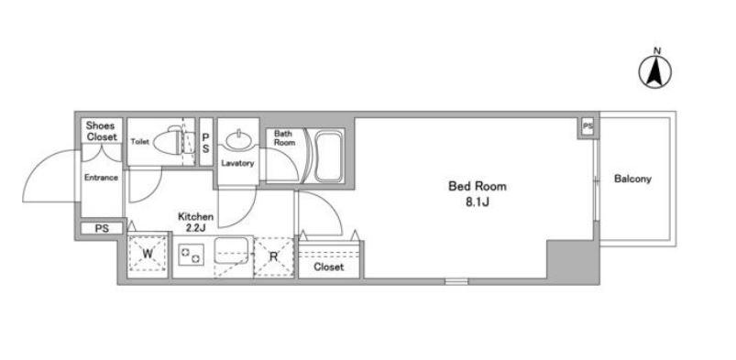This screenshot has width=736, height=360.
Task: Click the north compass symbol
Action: pyautogui.click(x=654, y=72)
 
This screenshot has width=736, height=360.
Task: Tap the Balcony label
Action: pyautogui.click(x=632, y=179)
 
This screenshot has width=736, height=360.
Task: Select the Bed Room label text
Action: pyautogui.click(x=478, y=186)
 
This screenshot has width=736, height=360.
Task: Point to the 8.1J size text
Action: pyautogui.click(x=478, y=202)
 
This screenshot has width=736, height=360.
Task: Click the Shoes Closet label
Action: pyautogui.click(x=102, y=131)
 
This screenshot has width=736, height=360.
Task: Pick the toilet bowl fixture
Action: pyautogui.click(x=174, y=140)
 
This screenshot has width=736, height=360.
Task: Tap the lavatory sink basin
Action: pyautogui.click(x=238, y=139)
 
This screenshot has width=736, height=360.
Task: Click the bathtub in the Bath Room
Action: pyautogui.click(x=327, y=157)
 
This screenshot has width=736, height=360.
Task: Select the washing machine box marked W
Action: pyautogui.click(x=148, y=254)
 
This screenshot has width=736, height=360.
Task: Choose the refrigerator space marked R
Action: pyautogui.click(x=274, y=256)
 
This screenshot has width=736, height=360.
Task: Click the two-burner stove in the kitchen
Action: pyautogui.click(x=192, y=255)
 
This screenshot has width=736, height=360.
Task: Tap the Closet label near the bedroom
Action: pyautogui.click(x=328, y=267)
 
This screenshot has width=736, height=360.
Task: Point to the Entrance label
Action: pyautogui.click(x=101, y=178)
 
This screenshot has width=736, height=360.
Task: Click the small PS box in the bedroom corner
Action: pyautogui.click(x=588, y=126)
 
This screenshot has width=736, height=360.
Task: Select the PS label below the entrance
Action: pyautogui.click(x=102, y=229)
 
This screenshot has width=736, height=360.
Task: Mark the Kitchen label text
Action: pyautogui.click(x=196, y=217)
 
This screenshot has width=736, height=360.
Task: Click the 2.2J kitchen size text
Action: pyautogui.click(x=196, y=228)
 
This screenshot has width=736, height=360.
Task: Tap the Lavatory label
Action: pyautogui.click(x=237, y=163)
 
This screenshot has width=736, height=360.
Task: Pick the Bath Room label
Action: pyautogui.click(x=285, y=138)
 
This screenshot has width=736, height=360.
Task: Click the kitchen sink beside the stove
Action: pyautogui.click(x=231, y=252)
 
